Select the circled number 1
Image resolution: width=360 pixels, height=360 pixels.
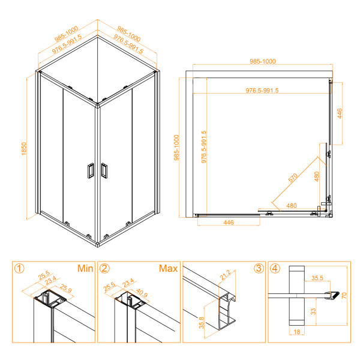coord(20,269)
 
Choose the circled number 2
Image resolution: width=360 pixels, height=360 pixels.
coord(105,269)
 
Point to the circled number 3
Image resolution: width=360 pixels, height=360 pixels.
coord(257,268)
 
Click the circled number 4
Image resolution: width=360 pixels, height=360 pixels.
coord(274,268)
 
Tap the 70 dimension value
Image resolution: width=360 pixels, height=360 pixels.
coord(344,295)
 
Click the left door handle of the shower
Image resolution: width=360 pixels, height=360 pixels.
coord(89,171)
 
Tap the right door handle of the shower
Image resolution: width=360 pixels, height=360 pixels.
coord(104,171)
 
